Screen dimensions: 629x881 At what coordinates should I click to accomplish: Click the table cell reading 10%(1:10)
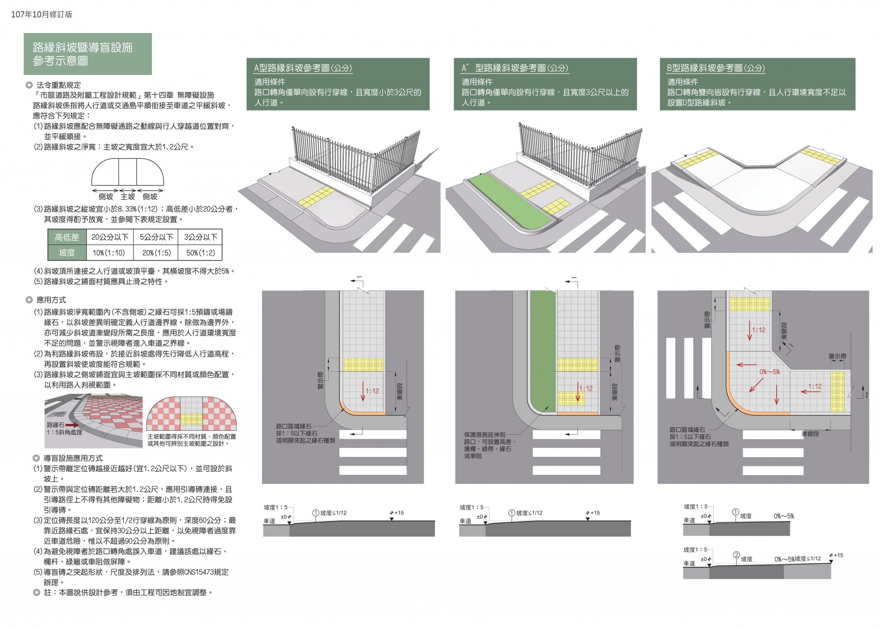(109, 253)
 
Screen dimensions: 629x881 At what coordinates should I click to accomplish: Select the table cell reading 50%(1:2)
(200, 253)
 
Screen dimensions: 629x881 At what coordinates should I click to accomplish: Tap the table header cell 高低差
(67, 237)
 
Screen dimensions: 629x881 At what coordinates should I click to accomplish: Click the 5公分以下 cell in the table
(156, 237)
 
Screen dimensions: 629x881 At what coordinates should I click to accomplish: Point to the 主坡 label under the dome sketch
(128, 196)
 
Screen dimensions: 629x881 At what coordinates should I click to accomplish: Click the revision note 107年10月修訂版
(41, 15)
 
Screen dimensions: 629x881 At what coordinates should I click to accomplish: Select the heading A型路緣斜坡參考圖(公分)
(303, 68)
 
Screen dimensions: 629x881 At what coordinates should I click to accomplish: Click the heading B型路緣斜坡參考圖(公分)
(715, 68)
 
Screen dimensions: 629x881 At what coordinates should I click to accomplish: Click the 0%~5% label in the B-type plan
(770, 372)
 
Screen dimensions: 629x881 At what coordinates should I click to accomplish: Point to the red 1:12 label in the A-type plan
(372, 391)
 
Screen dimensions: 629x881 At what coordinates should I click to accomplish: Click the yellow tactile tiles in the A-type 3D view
(315, 196)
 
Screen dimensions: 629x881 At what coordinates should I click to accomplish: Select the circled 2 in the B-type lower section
(736, 555)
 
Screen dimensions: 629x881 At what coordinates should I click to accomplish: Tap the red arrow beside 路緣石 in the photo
(73, 425)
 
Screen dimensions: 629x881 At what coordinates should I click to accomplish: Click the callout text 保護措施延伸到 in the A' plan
(485, 435)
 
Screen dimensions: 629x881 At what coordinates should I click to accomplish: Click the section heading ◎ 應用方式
(46, 300)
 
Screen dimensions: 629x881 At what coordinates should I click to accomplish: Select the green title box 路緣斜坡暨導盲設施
(88, 54)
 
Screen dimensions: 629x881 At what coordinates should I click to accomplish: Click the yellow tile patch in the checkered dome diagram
(191, 419)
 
